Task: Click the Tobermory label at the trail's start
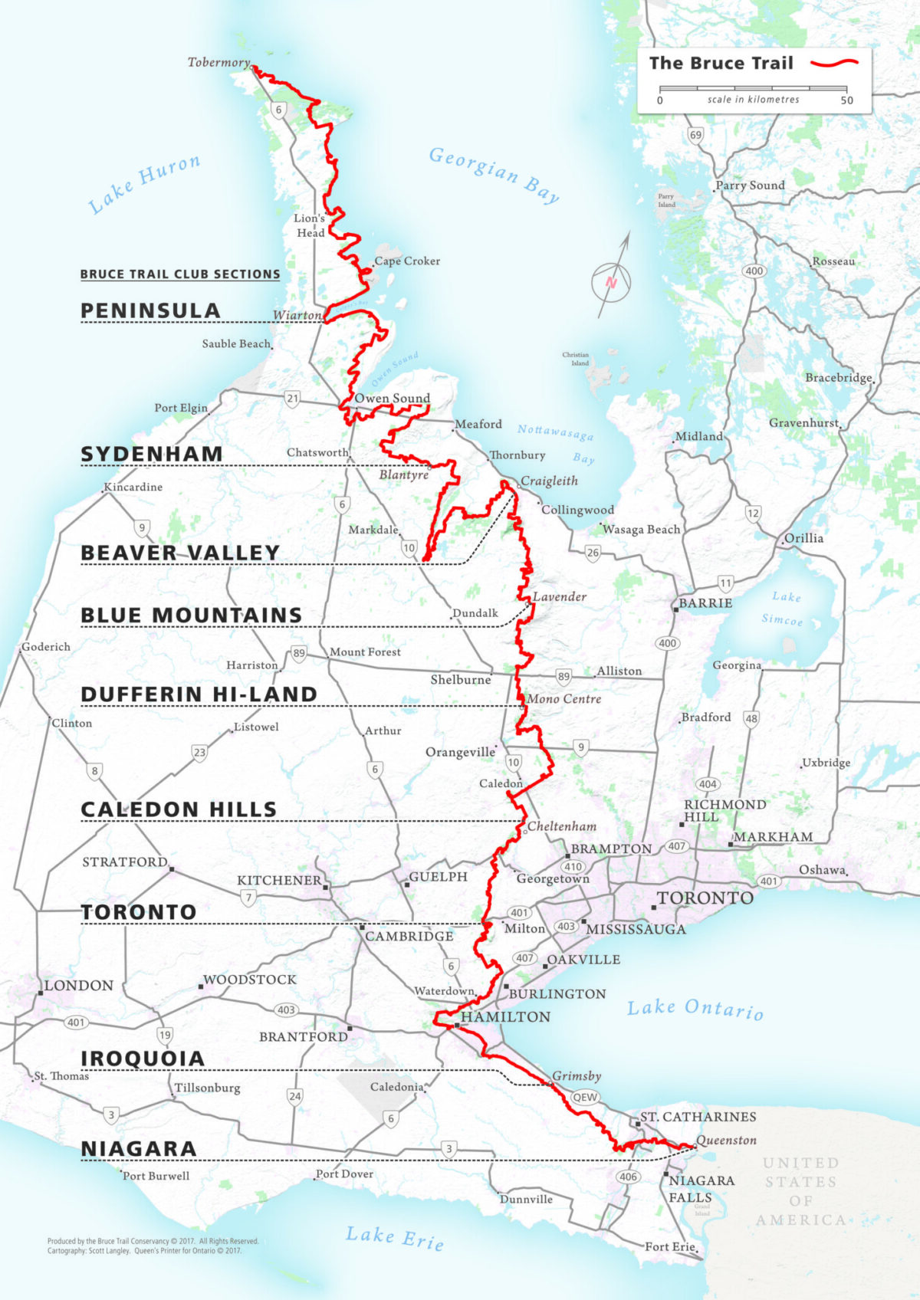pos(219,62)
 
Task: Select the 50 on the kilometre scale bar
pos(846,100)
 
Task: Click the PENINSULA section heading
pos(150,310)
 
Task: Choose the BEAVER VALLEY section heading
pos(180,553)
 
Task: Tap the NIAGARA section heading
pos(139,1148)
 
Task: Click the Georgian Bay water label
pos(494,174)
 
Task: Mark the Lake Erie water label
pos(394,1236)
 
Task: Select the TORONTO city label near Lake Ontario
pos(705,898)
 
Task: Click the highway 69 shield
pos(695,135)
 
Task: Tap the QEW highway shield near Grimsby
pos(585,1097)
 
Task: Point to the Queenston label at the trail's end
pos(727,1140)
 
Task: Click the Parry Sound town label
pos(750,185)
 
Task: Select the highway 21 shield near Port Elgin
pos(292,398)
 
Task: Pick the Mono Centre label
pos(564,698)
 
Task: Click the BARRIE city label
pos(705,603)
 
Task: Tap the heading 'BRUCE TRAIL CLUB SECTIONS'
pos(180,274)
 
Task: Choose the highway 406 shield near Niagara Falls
pos(628,1177)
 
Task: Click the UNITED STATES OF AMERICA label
pos(800,1190)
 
